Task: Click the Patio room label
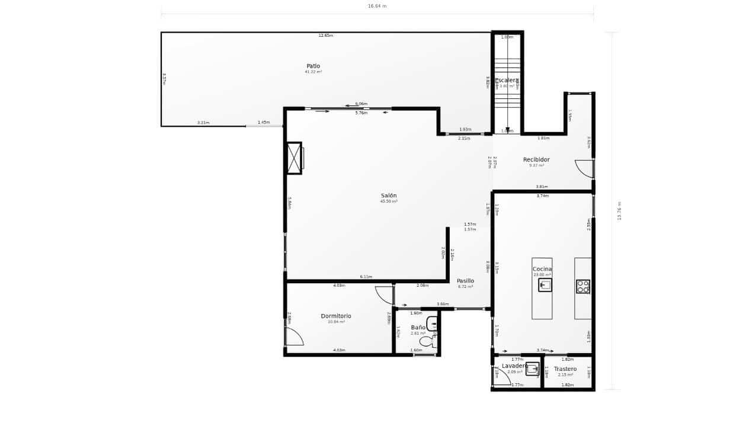pos(313,66)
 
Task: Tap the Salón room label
pos(389,196)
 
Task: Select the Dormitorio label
pos(336,316)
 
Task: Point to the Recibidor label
pos(536,159)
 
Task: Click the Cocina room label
pos(542,269)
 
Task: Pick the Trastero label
pos(565,369)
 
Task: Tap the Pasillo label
pos(465,281)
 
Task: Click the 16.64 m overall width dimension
pos(377,6)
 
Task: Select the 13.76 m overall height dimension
pos(619,211)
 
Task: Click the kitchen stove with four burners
pos(583,287)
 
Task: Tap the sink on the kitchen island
pos(545,285)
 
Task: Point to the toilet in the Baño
pos(427,341)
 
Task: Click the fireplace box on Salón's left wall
pos(294,158)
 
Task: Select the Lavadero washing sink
pos(532,368)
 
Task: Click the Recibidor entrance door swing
pos(585,168)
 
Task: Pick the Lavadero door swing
pos(501,376)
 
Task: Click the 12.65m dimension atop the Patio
pos(325,36)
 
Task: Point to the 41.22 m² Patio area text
pos(313,72)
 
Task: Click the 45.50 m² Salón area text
pos(389,201)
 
